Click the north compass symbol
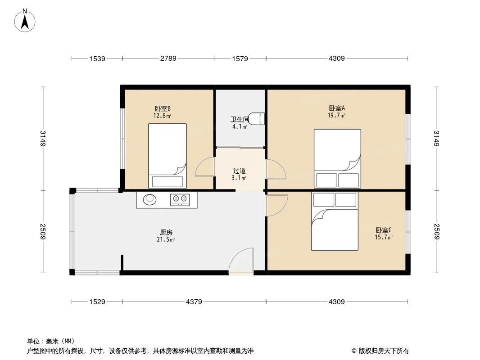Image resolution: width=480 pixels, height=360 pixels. (26, 21)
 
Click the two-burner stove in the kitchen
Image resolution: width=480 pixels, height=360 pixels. (181, 199)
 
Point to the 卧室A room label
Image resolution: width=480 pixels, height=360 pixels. (337, 108)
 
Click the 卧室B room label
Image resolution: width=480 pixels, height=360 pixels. (162, 109)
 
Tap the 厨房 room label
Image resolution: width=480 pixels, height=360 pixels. (166, 233)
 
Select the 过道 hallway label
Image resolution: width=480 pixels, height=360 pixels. (239, 171)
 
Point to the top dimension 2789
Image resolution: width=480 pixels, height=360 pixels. (168, 58)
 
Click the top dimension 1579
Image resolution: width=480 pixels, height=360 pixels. (240, 58)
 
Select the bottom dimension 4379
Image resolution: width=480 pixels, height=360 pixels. (194, 301)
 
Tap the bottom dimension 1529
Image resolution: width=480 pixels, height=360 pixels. (97, 301)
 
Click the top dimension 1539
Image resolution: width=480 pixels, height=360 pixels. (97, 58)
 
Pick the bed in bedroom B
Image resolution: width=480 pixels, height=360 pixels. (168, 156)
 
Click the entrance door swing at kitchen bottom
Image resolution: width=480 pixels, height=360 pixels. (241, 261)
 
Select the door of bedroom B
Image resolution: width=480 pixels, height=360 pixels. (205, 167)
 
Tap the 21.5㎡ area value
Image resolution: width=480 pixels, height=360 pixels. (166, 240)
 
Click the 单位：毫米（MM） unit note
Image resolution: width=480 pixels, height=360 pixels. (51, 341)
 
